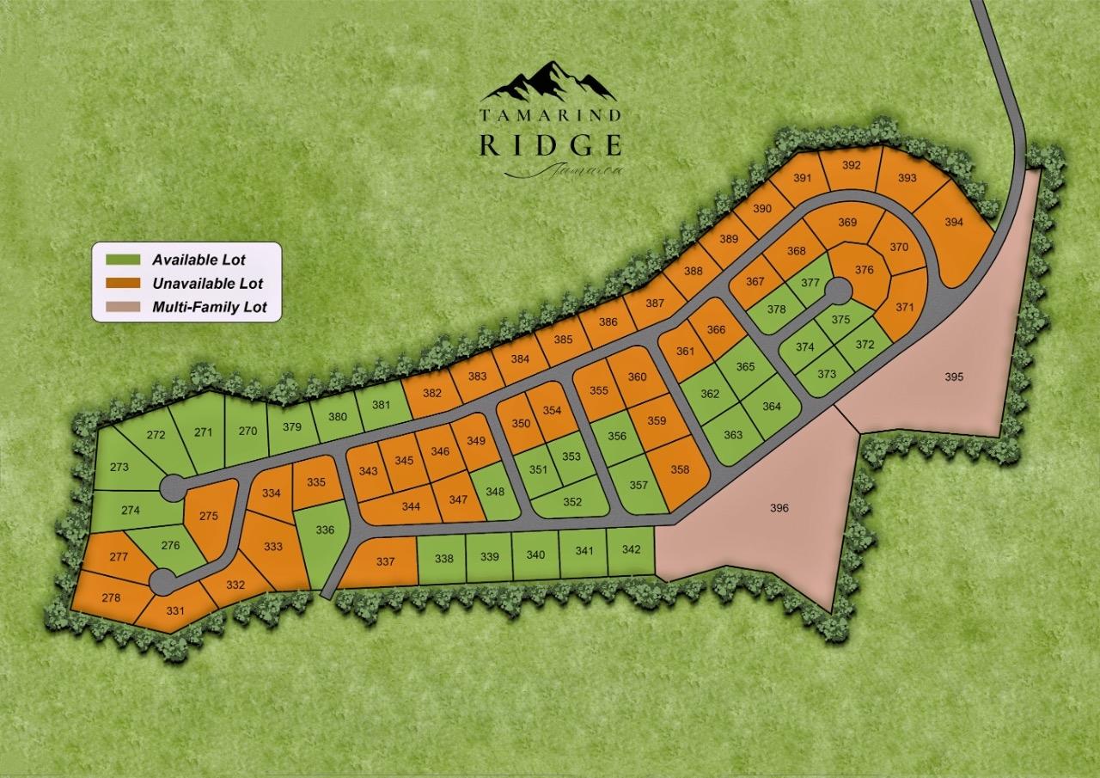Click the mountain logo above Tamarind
(549, 81)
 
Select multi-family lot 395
(954, 377)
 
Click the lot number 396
(779, 508)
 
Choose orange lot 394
(954, 222)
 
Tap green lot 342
(631, 550)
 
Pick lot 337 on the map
(386, 562)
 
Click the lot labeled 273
(119, 467)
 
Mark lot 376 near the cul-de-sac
(865, 270)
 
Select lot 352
(572, 502)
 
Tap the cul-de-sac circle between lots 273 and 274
(172, 486)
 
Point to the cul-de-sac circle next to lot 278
(162, 581)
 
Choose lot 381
(382, 407)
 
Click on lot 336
(324, 530)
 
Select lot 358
(680, 469)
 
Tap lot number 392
(852, 165)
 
